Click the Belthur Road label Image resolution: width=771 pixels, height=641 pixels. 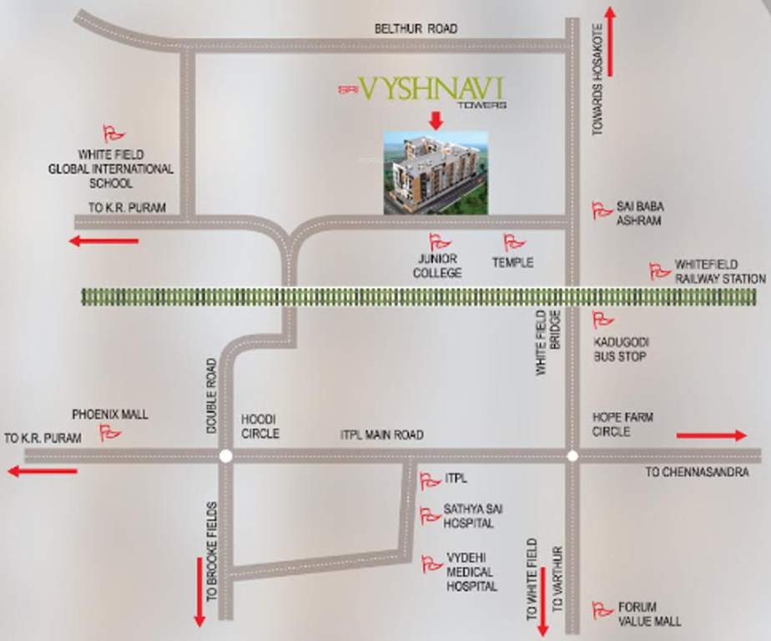[416, 29]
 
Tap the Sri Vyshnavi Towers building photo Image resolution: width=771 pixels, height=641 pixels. [435, 173]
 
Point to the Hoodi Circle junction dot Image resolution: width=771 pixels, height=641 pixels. [225, 456]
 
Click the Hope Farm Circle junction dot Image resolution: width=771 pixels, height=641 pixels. [572, 456]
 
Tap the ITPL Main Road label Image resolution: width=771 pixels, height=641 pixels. [381, 435]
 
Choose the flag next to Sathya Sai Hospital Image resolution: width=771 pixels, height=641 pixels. [430, 516]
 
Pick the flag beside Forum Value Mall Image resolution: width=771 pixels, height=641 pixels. [602, 610]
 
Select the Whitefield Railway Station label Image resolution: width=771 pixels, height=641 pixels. [720, 272]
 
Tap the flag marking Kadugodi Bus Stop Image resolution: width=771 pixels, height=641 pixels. [602, 320]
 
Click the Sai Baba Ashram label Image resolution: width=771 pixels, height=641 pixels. [640, 214]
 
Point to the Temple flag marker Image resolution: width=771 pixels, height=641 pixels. [514, 243]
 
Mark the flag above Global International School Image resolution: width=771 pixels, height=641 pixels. [113, 134]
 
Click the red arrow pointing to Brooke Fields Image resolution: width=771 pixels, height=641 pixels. [199, 598]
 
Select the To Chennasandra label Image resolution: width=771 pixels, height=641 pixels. [697, 472]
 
